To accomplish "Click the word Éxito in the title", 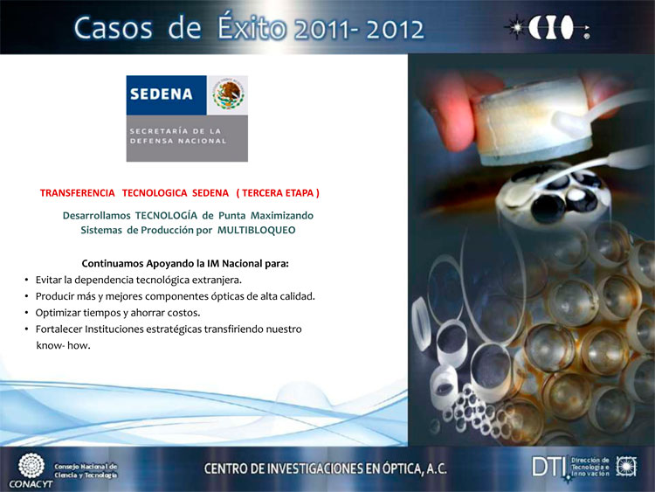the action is pyautogui.click(x=252, y=27).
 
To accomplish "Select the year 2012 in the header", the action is pyautogui.click(x=395, y=30).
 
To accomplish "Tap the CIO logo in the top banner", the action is pyautogui.click(x=548, y=28).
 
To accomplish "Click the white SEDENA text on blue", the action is pyautogui.click(x=162, y=94).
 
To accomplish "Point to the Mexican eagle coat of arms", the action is pyautogui.click(x=228, y=95).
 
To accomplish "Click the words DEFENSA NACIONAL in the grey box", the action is pyautogui.click(x=178, y=142).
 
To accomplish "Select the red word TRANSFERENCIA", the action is pyautogui.click(x=77, y=193).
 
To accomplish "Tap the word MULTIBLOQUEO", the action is pyautogui.click(x=257, y=231).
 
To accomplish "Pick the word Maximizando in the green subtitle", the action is pyautogui.click(x=282, y=216).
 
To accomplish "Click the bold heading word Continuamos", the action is pyautogui.click(x=113, y=264).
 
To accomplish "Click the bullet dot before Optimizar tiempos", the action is pyautogui.click(x=27, y=313).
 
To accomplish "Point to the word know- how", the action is pyautogui.click(x=63, y=346).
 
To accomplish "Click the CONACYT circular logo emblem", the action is pyautogui.click(x=31, y=466).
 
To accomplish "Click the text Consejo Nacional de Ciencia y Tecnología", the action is pyautogui.click(x=86, y=471).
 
